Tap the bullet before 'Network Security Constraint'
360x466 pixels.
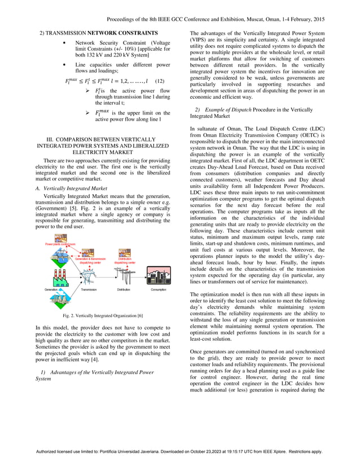pyautogui.click(x=68, y=43)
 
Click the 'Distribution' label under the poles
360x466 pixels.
pyautogui.click(x=124, y=290)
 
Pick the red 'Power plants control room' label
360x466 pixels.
pyautogui.click(x=61, y=244)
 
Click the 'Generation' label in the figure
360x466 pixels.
pyautogui.click(x=54, y=290)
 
